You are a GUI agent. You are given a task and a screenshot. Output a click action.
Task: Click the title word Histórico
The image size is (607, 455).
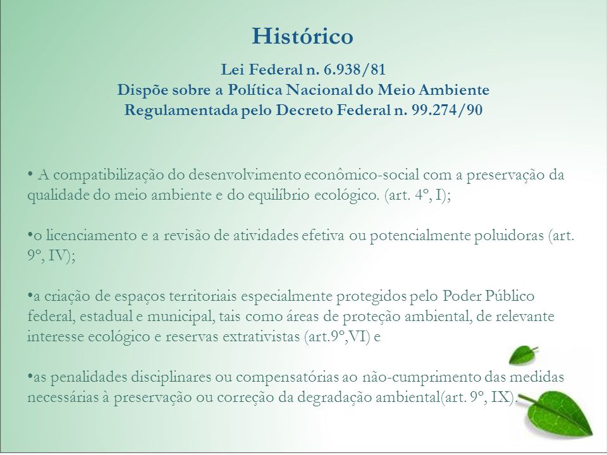[x=302, y=36]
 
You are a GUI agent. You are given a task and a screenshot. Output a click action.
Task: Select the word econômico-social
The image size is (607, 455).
[x=362, y=175]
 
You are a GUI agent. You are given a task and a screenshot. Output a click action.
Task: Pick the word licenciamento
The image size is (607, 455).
[x=91, y=236]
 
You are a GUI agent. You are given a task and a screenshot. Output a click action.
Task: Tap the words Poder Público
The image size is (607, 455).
[x=489, y=296]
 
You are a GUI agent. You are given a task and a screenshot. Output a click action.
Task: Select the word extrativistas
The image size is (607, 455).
[x=261, y=337]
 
